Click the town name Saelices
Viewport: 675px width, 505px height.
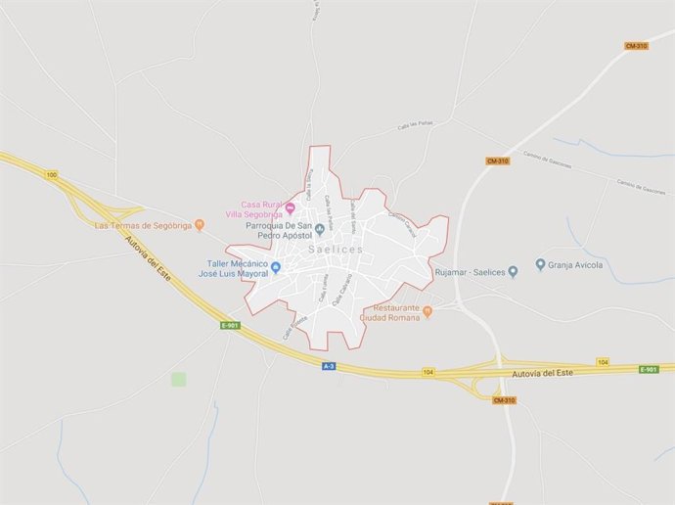point(335,251)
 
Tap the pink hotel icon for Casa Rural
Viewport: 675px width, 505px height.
point(290,207)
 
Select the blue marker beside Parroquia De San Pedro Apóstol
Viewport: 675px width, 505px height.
point(319,230)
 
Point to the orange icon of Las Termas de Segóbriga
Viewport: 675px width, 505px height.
point(200,225)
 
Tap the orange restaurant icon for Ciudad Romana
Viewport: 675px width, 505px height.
point(427,311)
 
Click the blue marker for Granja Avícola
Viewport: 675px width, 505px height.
point(540,264)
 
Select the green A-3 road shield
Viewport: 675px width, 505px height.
point(330,366)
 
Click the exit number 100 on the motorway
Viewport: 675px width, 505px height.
point(51,174)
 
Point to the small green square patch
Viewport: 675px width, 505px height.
point(178,379)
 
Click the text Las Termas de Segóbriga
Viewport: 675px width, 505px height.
point(141,226)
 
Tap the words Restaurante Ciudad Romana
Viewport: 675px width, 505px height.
point(389,312)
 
